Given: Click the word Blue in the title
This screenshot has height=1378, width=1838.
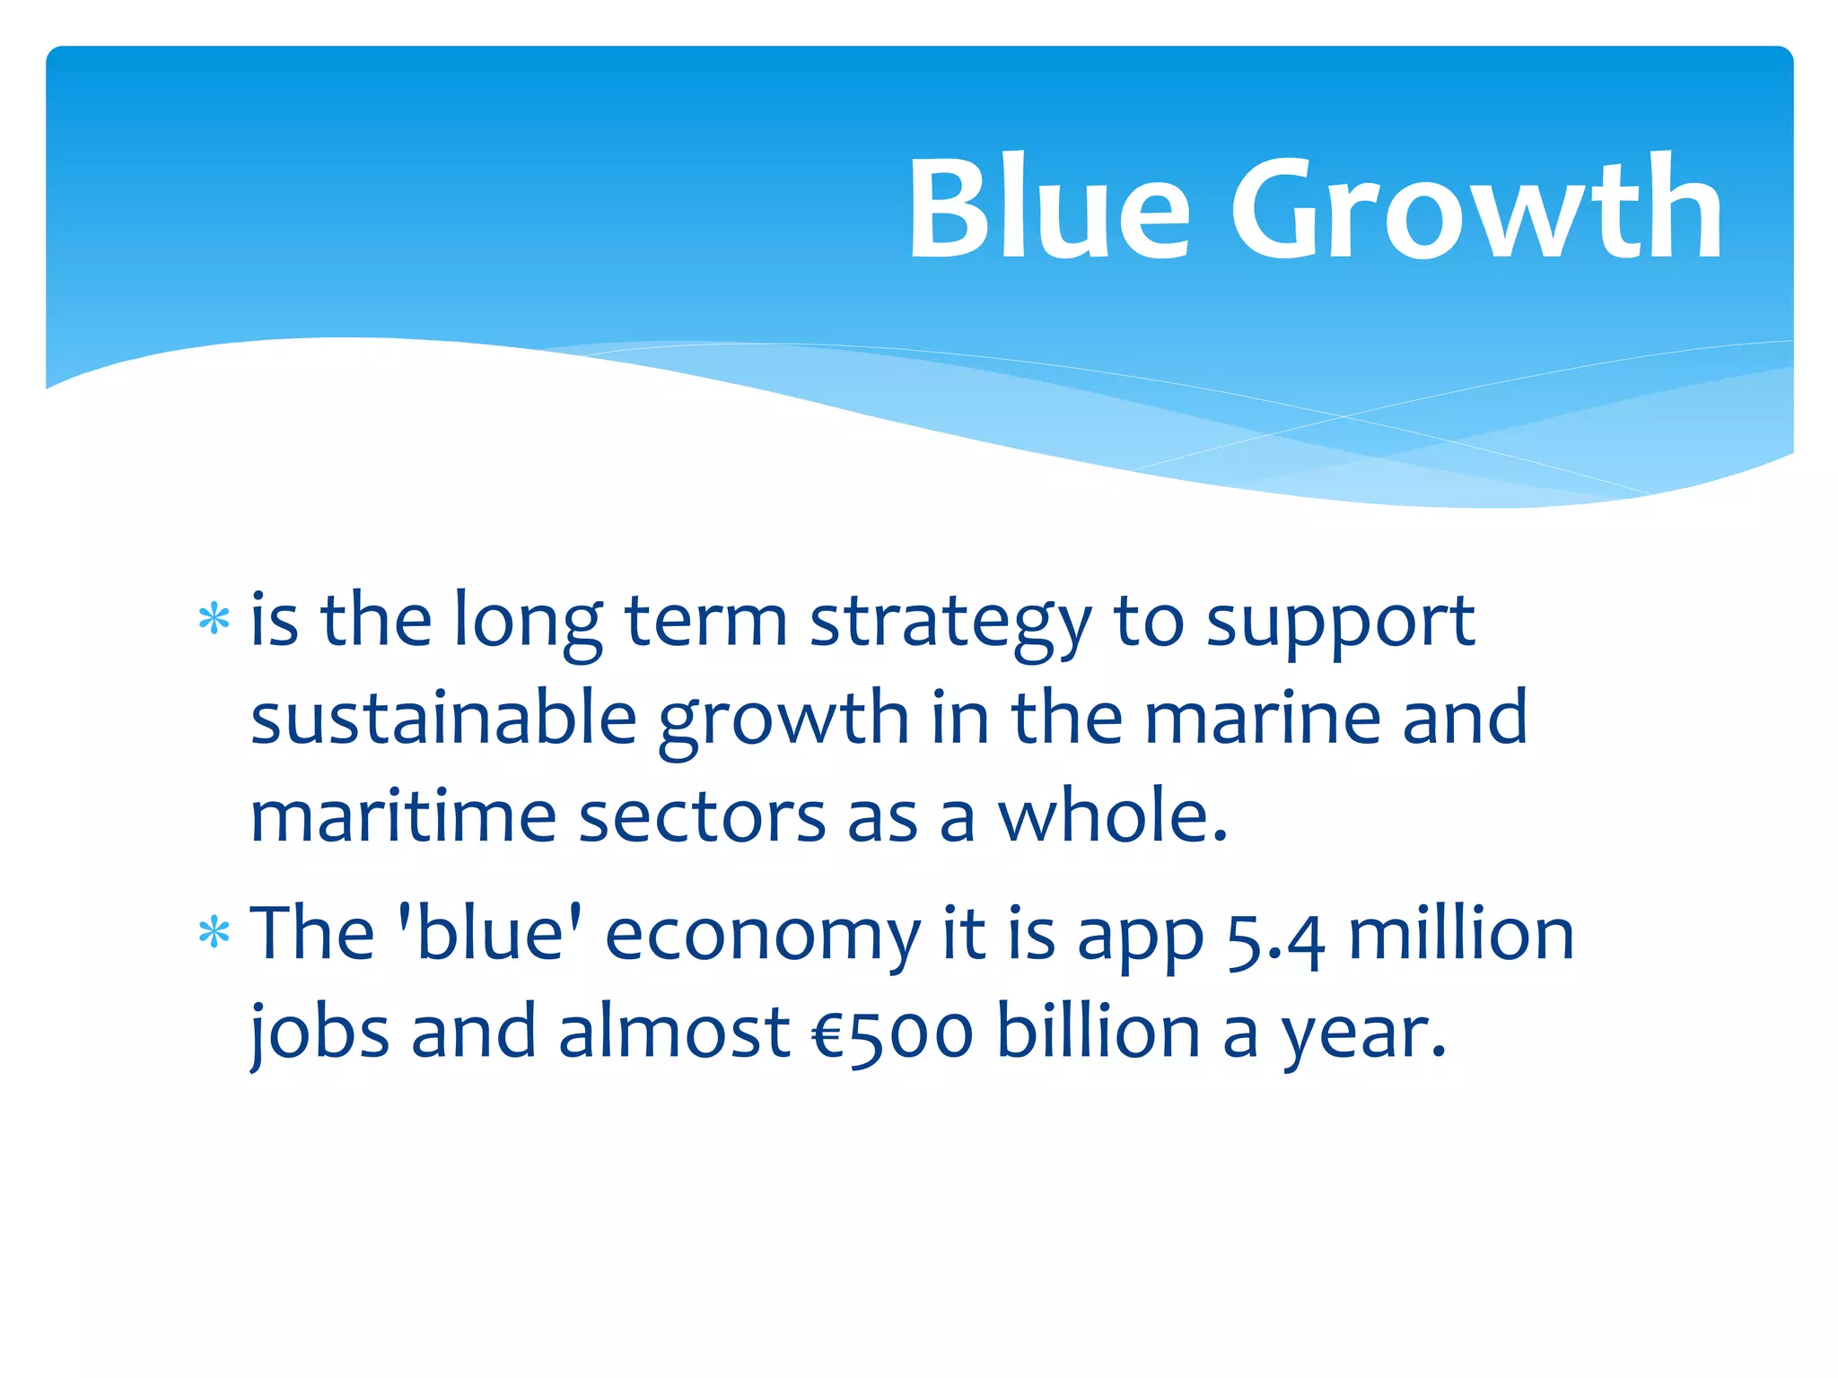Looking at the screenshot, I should (x=1048, y=208).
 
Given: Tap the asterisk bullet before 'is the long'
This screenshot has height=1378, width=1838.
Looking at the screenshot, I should (x=214, y=620).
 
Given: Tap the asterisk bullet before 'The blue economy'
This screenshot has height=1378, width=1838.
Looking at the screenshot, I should (x=214, y=934).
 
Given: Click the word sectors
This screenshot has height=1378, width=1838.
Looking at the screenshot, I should (x=702, y=818).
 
